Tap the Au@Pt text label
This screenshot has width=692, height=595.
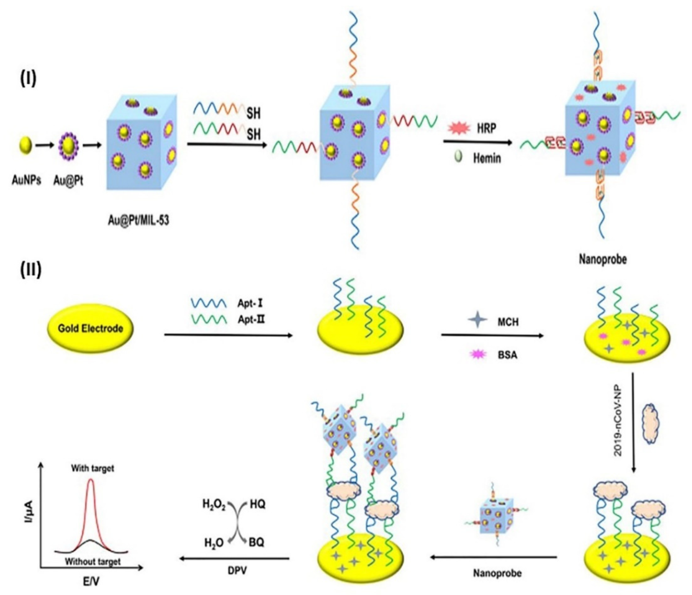(x=68, y=181)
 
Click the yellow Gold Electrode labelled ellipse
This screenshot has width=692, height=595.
(x=90, y=328)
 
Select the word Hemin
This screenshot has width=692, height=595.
(x=487, y=158)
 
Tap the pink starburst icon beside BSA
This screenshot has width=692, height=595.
(x=478, y=355)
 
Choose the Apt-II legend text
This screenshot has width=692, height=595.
(x=251, y=319)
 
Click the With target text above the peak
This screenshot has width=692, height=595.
(x=93, y=469)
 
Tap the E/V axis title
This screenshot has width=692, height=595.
(x=90, y=582)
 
